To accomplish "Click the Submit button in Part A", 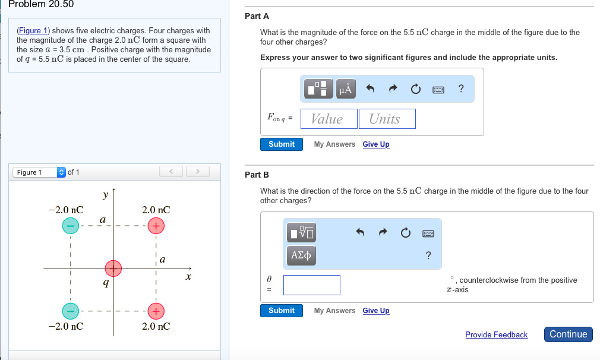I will [x=281, y=144].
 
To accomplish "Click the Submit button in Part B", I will [x=281, y=311].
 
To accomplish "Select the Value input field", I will [x=329, y=119].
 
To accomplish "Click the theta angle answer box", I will [x=312, y=285].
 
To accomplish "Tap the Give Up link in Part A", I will [x=376, y=144].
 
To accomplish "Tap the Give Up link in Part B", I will [x=376, y=311].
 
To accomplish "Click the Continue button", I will [x=568, y=334].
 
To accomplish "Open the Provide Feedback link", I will [x=496, y=335].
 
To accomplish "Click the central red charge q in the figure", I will [x=113, y=269].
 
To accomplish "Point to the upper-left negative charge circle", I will [x=70, y=226].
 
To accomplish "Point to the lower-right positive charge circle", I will [x=155, y=311].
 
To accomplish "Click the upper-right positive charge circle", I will [x=155, y=226].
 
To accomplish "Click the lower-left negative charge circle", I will [x=70, y=311].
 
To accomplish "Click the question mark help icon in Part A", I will [x=461, y=89].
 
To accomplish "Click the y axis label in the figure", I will [x=105, y=195].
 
